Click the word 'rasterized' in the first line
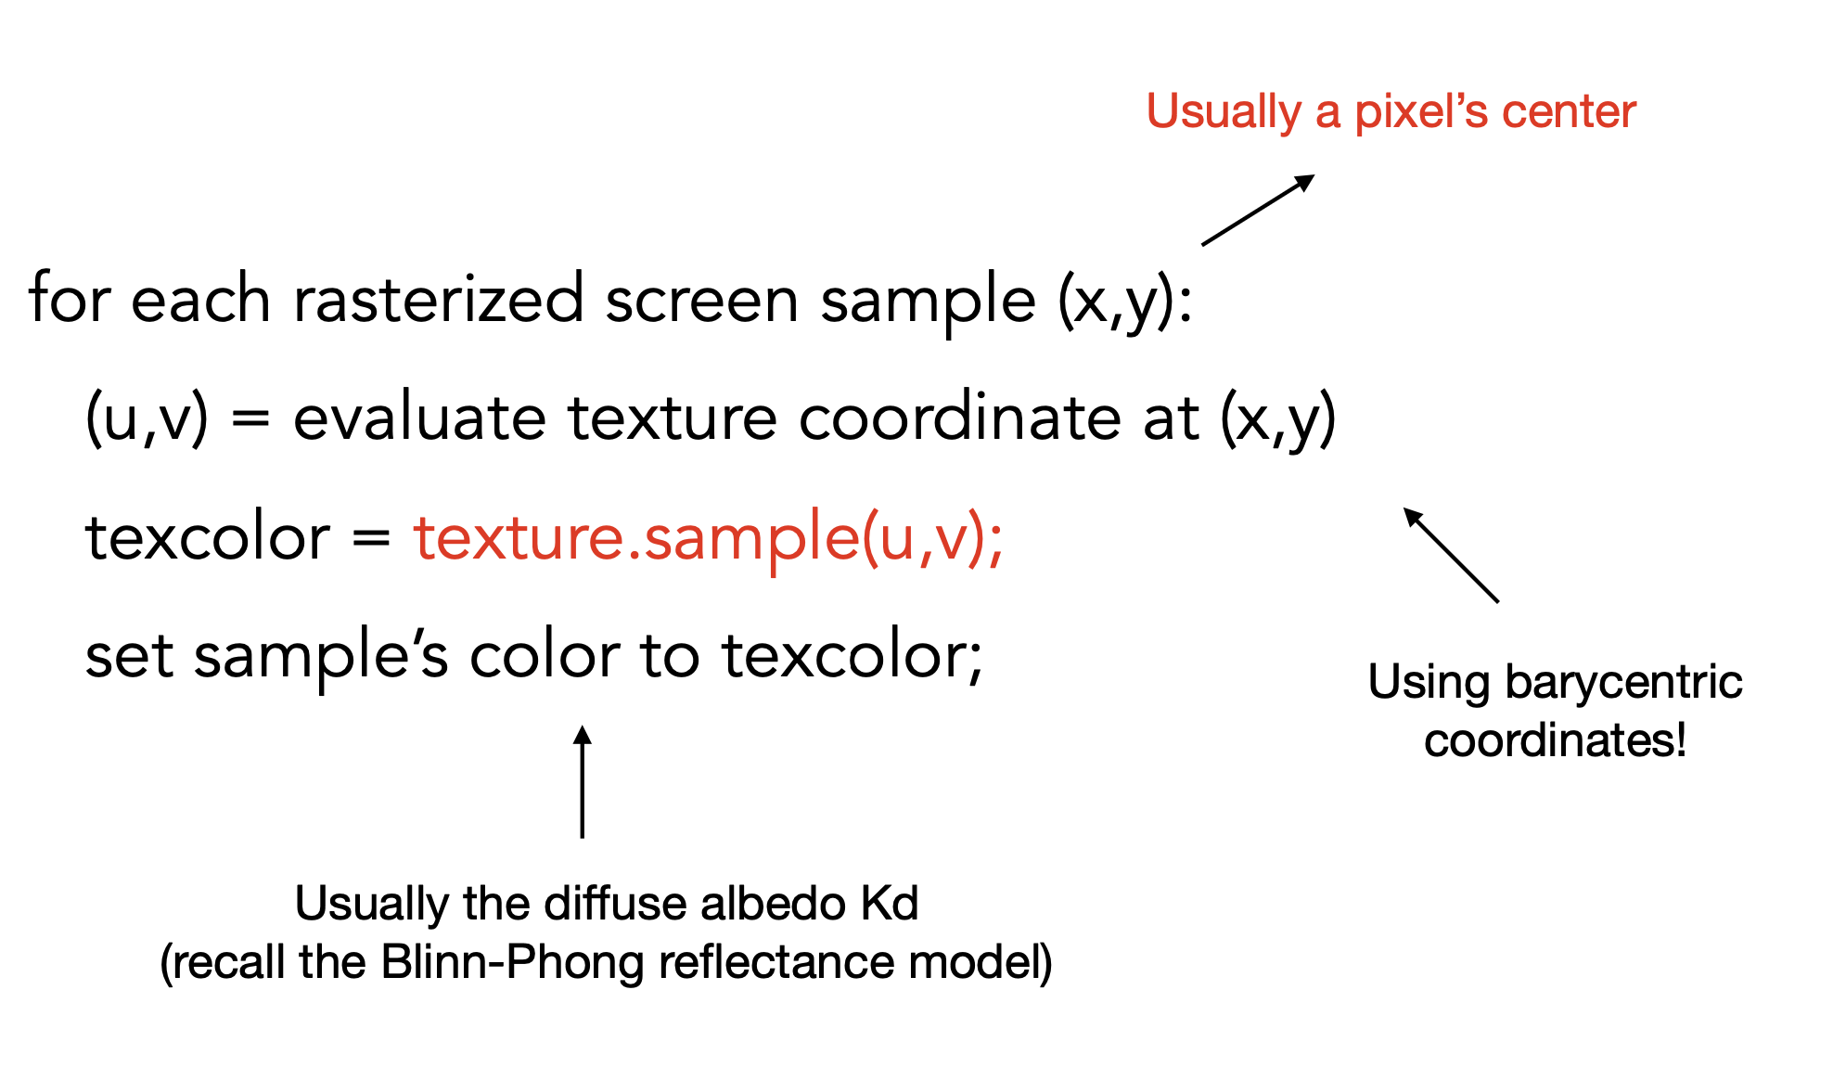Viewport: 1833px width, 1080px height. [x=438, y=300]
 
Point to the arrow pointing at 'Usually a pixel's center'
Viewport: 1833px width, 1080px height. [x=1258, y=210]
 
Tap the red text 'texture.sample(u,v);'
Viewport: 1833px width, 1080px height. [x=709, y=537]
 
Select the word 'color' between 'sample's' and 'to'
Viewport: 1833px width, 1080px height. [x=545, y=656]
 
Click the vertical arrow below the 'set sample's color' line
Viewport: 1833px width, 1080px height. [x=583, y=781]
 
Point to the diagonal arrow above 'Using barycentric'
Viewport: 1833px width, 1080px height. [x=1451, y=555]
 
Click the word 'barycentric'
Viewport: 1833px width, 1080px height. [x=1623, y=683]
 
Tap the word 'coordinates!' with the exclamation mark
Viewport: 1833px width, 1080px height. [x=1555, y=740]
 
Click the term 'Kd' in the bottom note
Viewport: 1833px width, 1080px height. [x=890, y=903]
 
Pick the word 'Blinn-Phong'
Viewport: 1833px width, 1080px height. [x=512, y=962]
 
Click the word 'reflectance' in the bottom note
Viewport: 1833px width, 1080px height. [x=777, y=962]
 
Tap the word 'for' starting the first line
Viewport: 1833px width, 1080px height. [x=70, y=300]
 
